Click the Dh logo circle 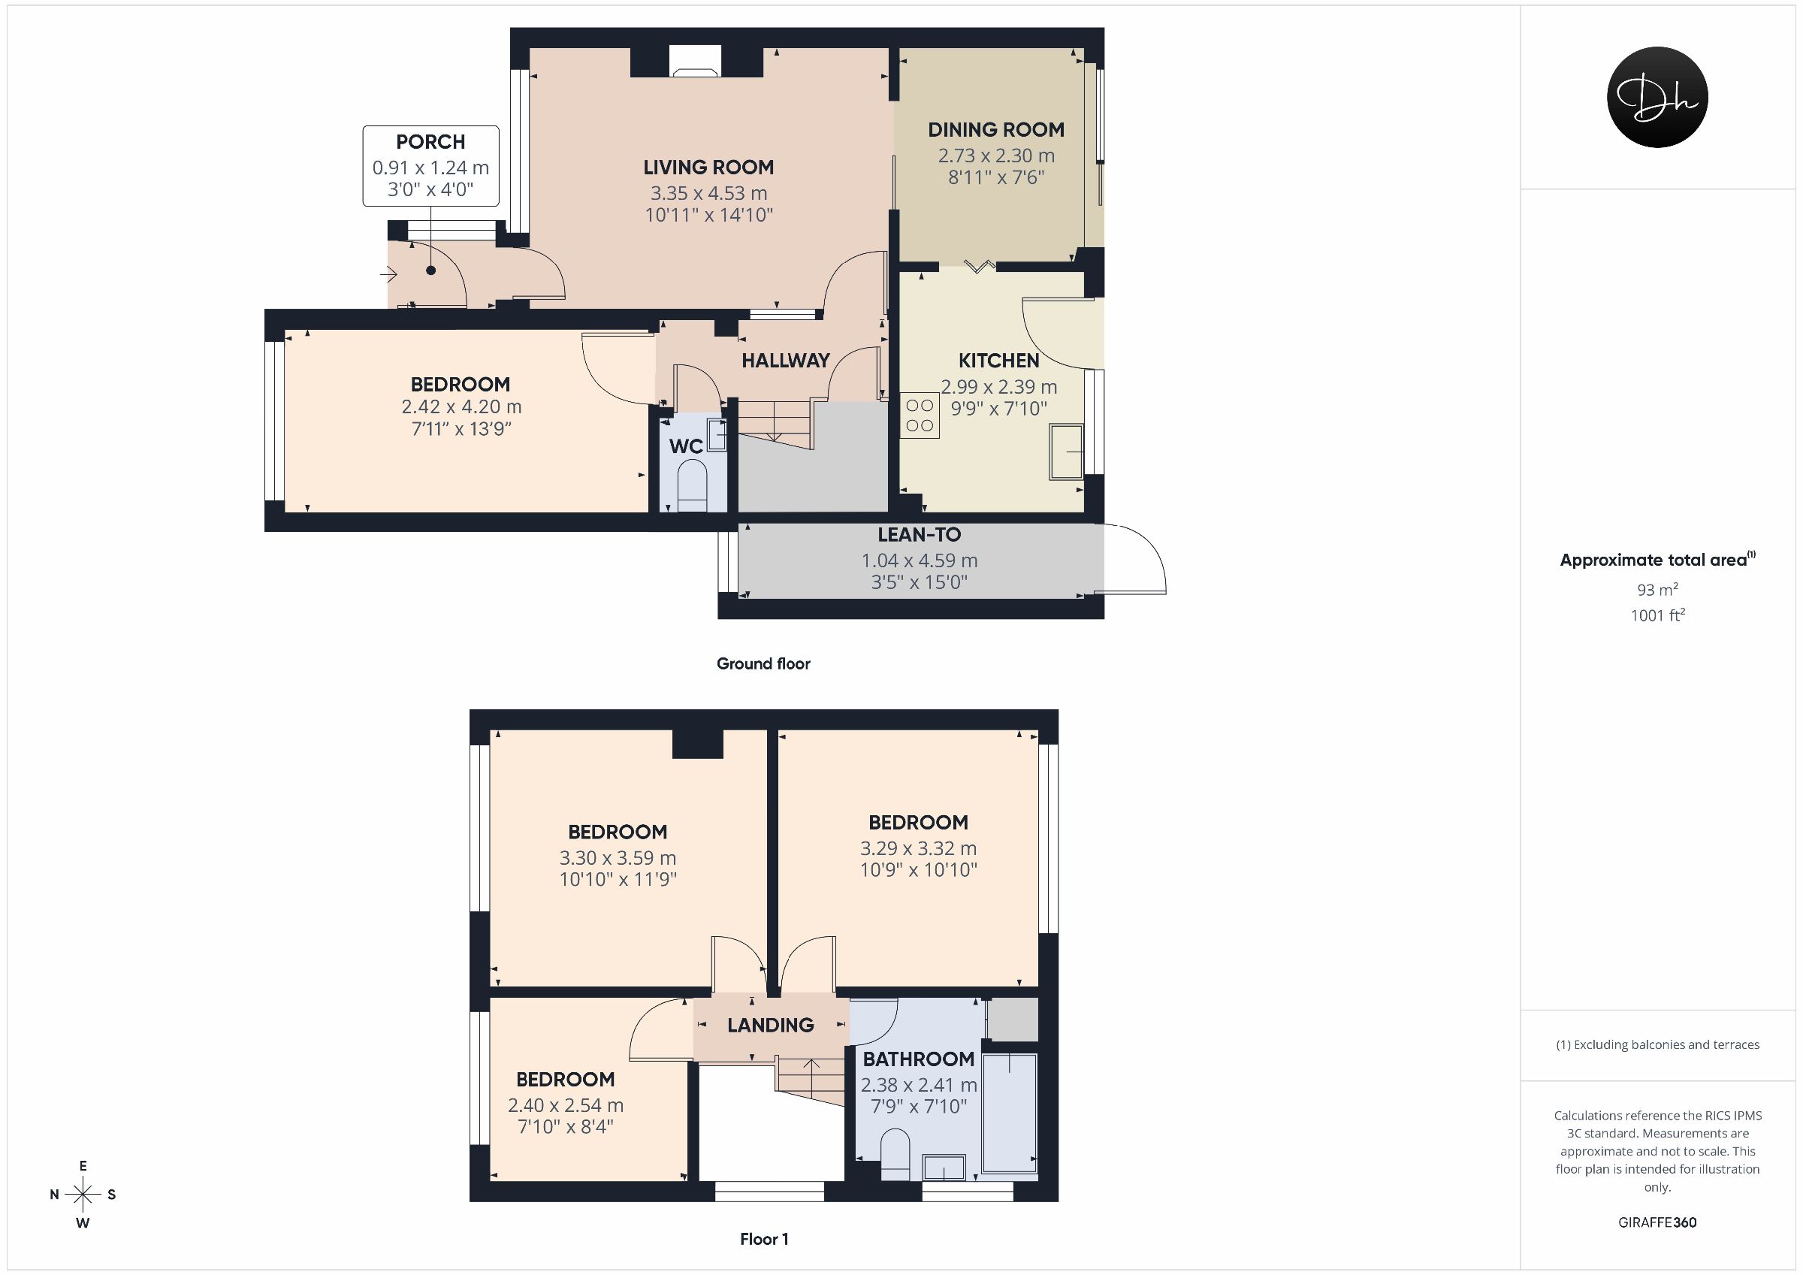pos(1657,97)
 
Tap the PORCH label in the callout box pos(430,142)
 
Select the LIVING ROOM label pos(708,168)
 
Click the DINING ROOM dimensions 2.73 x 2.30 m pos(995,156)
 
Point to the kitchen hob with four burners pos(920,415)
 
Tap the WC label pos(686,447)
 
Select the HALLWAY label pos(785,361)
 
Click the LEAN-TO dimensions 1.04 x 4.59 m pos(919,561)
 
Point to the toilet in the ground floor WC pos(692,485)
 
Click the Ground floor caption pos(763,664)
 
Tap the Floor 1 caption pos(764,1239)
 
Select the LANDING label pos(770,1026)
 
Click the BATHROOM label pos(918,1059)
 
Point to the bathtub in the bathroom pos(1010,1114)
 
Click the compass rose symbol pos(83,1195)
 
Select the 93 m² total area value pos(1657,589)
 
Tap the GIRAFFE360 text pos(1657,1222)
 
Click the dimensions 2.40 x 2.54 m pos(566,1105)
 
